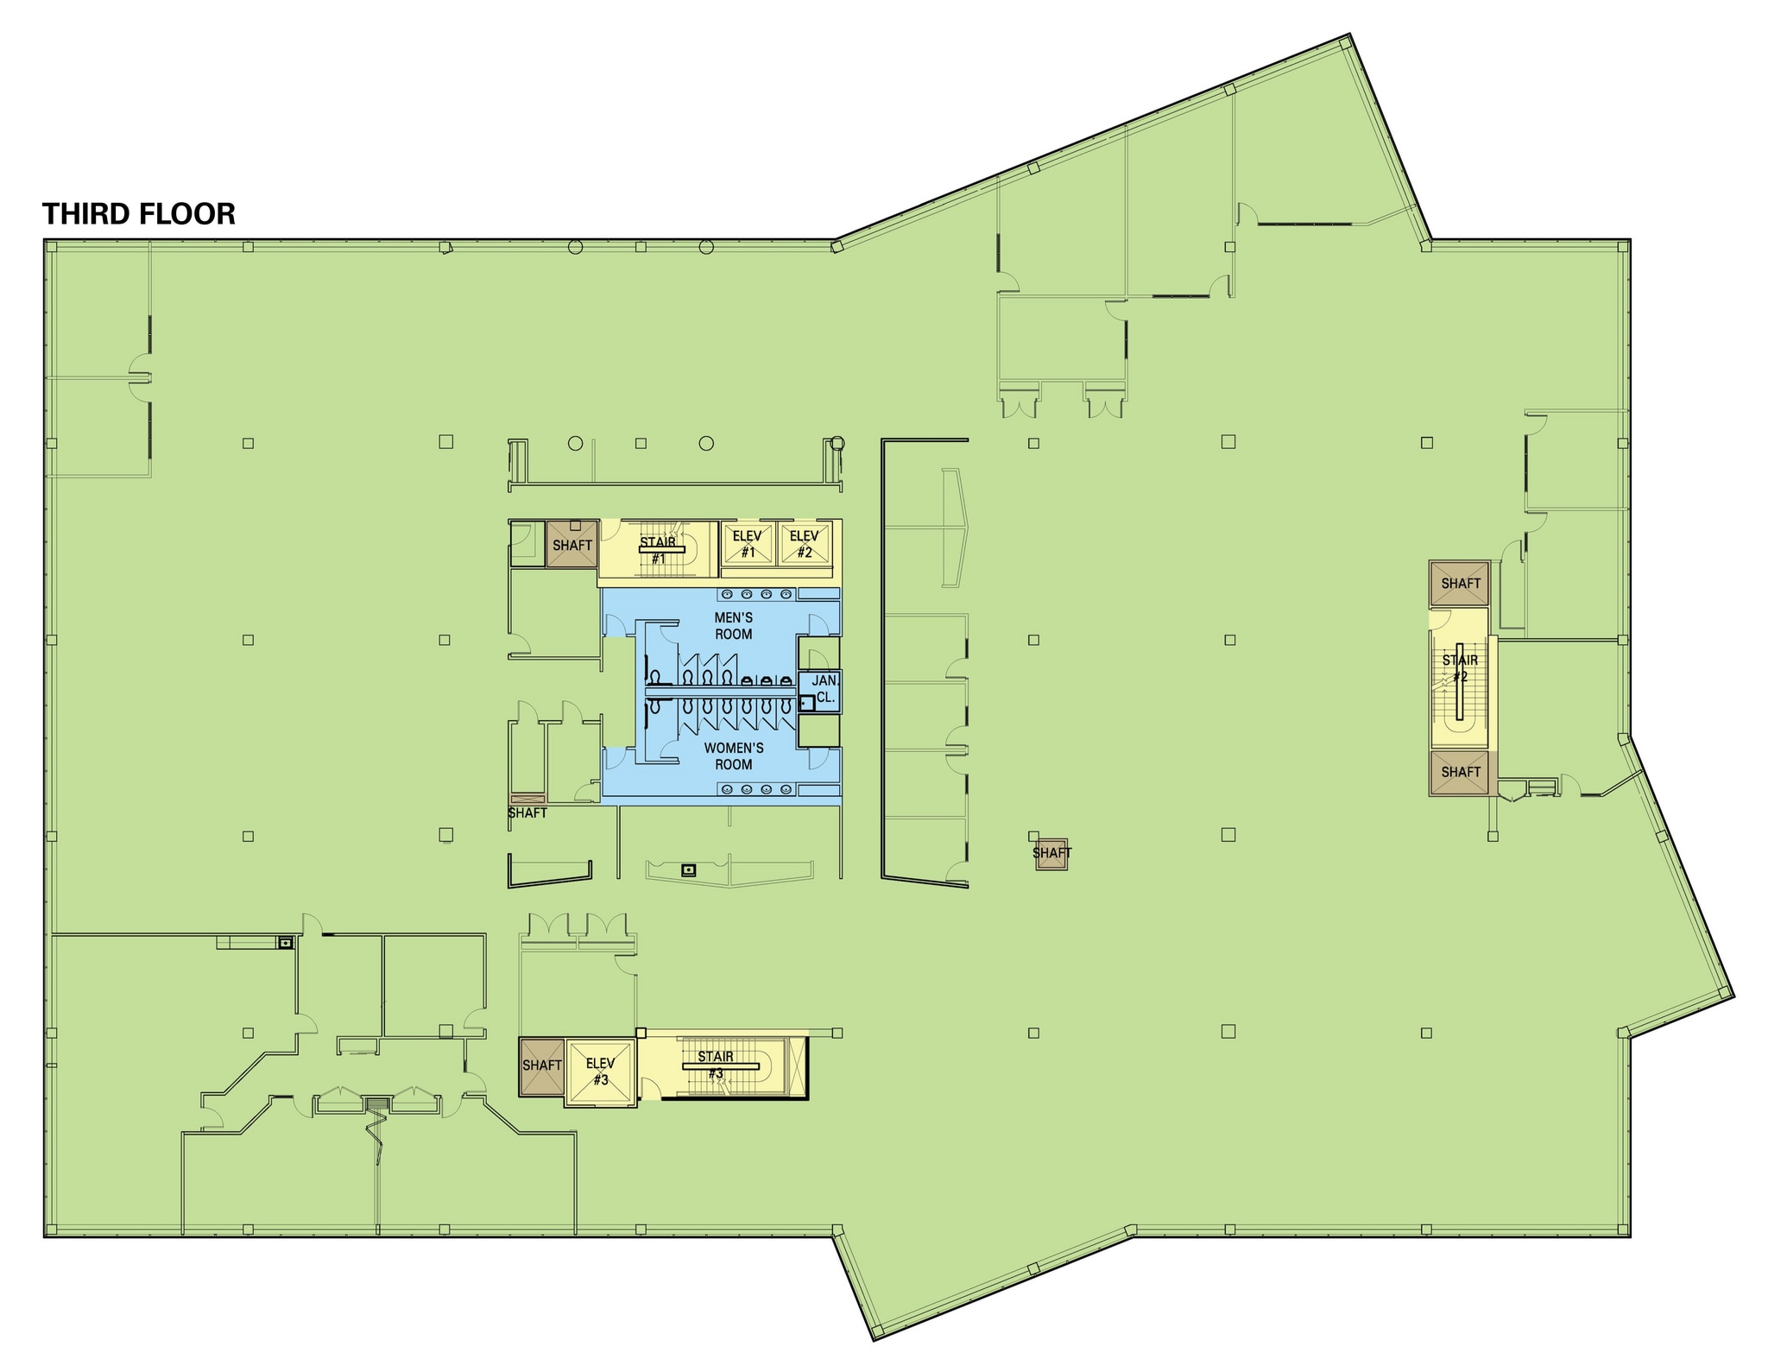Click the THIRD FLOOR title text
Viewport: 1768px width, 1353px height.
[139, 214]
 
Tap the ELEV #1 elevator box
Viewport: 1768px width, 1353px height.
[748, 544]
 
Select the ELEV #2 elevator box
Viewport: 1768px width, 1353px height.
[805, 544]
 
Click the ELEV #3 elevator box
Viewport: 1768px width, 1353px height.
[601, 1072]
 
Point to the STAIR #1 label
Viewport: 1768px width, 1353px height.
[658, 550]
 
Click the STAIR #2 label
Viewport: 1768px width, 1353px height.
[1460, 668]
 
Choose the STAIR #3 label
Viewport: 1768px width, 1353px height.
[716, 1065]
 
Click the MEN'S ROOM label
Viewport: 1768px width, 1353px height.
[733, 626]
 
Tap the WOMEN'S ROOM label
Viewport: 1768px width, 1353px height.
[733, 756]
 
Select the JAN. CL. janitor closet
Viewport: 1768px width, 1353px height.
[824, 690]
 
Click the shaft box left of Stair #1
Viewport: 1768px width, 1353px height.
[571, 544]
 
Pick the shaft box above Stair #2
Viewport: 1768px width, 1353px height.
[1460, 584]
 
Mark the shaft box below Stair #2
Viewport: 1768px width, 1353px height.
[1460, 772]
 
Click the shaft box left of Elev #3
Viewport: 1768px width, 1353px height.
[541, 1065]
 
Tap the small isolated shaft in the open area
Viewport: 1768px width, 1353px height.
[1051, 853]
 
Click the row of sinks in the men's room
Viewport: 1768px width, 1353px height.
[755, 594]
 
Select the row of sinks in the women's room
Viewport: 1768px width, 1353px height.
[755, 789]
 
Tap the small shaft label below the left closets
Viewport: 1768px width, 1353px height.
[527, 812]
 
